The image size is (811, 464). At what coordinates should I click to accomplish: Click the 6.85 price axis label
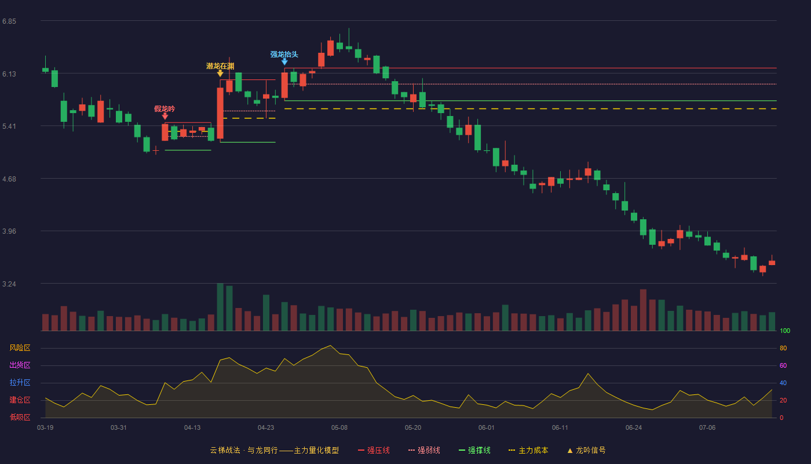click(9, 21)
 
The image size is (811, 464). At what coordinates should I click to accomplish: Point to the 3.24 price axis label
click(9, 284)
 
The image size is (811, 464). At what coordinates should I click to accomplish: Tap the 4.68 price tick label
click(9, 179)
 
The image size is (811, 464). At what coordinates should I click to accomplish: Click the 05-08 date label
click(339, 428)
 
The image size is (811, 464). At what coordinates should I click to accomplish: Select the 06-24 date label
click(634, 428)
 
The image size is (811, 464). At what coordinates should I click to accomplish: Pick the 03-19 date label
click(45, 428)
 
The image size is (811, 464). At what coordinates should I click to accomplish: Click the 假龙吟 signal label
click(165, 109)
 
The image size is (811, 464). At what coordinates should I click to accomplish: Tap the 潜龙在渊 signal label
click(220, 66)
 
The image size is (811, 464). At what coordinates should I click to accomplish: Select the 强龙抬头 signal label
click(284, 55)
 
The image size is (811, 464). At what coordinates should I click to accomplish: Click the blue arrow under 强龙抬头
click(284, 62)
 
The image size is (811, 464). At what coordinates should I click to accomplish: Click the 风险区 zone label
click(20, 348)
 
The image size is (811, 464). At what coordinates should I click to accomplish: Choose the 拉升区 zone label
click(20, 383)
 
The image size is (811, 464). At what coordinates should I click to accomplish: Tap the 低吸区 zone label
click(20, 418)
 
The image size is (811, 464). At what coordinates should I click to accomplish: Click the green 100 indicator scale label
click(785, 331)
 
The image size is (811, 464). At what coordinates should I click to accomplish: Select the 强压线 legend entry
click(374, 450)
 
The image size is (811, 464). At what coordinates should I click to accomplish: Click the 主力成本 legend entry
click(528, 450)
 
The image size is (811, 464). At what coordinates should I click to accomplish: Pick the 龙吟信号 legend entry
click(586, 450)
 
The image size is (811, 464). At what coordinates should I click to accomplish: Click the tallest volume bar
click(220, 307)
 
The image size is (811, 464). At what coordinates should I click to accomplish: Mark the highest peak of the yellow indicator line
click(330, 346)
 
